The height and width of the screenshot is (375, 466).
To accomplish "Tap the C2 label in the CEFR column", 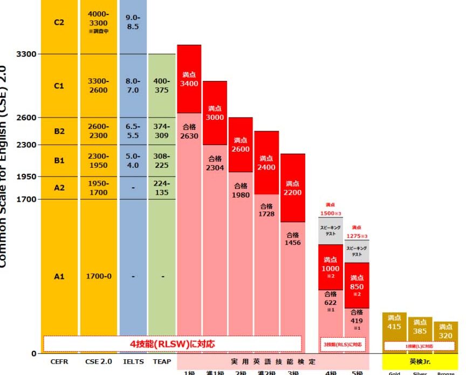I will coord(59,23).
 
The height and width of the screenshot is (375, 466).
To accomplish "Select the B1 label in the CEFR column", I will coord(59,160).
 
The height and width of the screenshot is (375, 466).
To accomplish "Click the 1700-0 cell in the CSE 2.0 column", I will coord(98,276).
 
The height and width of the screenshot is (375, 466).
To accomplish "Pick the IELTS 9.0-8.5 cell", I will coord(133,22).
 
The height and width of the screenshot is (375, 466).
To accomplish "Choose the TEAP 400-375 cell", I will coord(162,86).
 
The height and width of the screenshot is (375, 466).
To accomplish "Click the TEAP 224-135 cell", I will coord(162,188).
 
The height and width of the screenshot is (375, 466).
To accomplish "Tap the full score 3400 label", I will coord(189,79).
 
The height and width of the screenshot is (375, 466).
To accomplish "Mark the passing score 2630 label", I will coord(189,132).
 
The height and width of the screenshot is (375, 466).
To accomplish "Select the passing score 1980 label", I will coord(241,191).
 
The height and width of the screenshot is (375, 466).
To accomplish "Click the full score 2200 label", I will coord(293,188).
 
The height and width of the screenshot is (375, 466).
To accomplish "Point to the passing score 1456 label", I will coord(293,239).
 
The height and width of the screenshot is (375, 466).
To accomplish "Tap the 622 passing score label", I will coord(331,303).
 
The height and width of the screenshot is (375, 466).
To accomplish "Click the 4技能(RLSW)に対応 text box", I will coord(172,344).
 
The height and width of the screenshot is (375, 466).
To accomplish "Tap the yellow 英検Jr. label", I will coord(420,361).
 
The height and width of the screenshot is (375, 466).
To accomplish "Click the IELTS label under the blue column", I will coord(133,362).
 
